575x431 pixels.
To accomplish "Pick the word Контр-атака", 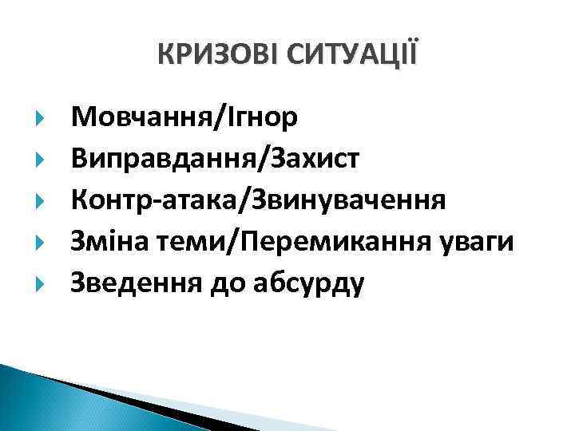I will tap(157, 200).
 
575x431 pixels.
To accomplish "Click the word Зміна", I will tap(108, 240).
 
